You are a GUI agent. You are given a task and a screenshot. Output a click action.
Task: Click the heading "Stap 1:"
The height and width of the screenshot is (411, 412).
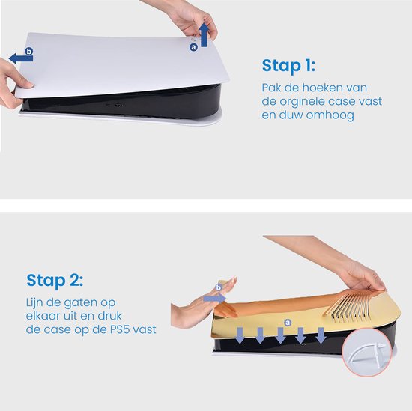tap(288, 66)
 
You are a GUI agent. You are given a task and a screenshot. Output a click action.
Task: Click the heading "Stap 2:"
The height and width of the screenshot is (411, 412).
tap(55, 281)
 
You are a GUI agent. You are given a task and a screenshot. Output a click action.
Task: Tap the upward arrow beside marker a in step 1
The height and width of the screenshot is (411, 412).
tap(205, 35)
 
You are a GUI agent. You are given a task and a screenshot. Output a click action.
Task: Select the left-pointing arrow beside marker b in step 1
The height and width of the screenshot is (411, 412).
tap(21, 58)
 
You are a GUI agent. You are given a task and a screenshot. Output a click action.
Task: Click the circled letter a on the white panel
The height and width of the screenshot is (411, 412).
tap(194, 47)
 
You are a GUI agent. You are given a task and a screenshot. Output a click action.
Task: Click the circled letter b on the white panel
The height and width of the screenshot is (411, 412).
tap(29, 51)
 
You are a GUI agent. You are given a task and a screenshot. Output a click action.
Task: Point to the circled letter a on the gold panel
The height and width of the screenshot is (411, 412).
tap(288, 323)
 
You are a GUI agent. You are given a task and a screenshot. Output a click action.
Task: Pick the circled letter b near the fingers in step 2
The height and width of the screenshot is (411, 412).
tap(219, 287)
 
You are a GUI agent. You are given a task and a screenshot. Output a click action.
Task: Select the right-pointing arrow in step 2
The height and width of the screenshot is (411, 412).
tap(214, 298)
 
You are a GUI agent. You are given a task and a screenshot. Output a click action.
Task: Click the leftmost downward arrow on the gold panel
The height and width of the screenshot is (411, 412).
tap(240, 335)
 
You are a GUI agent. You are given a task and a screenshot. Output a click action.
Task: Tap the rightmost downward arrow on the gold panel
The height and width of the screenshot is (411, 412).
tap(321, 335)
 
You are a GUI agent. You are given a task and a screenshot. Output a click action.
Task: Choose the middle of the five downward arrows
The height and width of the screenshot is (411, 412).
tap(280, 335)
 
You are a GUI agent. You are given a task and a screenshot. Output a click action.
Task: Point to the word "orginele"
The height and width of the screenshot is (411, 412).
tap(302, 102)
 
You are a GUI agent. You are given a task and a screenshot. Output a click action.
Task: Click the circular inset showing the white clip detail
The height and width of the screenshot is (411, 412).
tap(367, 353)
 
